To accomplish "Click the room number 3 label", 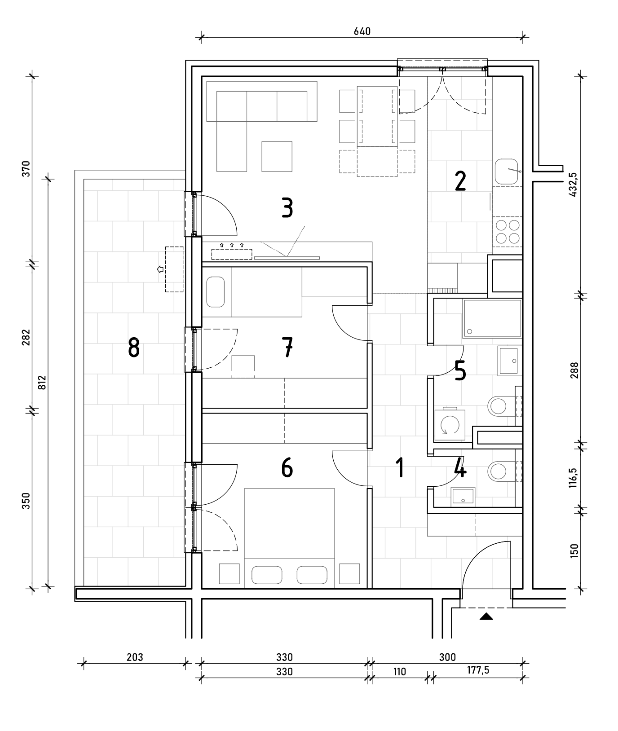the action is tap(287, 208).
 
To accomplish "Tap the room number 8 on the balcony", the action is tap(134, 348).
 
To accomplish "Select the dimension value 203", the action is tap(134, 657).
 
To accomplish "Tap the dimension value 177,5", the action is tap(477, 670).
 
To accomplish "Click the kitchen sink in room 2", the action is tap(508, 172).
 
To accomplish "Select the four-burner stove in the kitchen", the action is tap(508, 231).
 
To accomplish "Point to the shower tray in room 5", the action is tap(492, 319).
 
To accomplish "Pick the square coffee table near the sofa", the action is tap(277, 156).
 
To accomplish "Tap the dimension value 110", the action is tap(399, 671).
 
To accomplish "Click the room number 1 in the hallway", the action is tap(399, 467).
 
